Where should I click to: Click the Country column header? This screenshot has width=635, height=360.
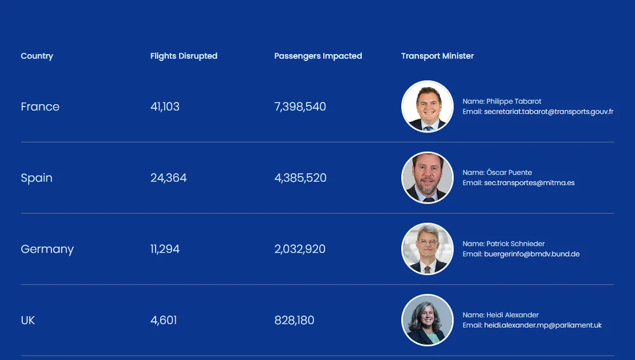pos(37,56)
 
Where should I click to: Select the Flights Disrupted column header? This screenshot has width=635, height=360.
pos(184,56)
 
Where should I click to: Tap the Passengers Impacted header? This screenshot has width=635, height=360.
pos(318,56)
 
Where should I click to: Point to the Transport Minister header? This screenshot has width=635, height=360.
pos(438,56)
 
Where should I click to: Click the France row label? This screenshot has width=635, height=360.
pos(40,107)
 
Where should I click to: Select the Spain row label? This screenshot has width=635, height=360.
pos(37,178)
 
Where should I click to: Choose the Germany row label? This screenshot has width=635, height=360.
pos(47,249)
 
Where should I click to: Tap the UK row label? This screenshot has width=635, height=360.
pos(28,320)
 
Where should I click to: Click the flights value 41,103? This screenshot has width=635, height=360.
pos(165,107)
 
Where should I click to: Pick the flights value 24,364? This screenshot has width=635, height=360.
pos(168,178)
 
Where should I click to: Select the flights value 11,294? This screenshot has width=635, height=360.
pos(165,249)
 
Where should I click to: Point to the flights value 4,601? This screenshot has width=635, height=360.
pos(164,320)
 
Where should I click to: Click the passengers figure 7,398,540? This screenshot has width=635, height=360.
pos(300,107)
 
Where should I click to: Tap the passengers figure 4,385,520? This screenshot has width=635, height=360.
pos(300,178)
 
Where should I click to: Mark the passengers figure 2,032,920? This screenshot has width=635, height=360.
pos(300,249)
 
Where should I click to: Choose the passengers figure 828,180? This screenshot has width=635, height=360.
pos(294,320)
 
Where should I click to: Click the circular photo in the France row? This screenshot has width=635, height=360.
pos(427,107)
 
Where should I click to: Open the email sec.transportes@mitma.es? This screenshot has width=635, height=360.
pos(529,183)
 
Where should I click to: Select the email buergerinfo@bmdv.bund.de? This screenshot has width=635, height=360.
pos(531,254)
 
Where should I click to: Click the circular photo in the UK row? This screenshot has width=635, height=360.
pos(427,320)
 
